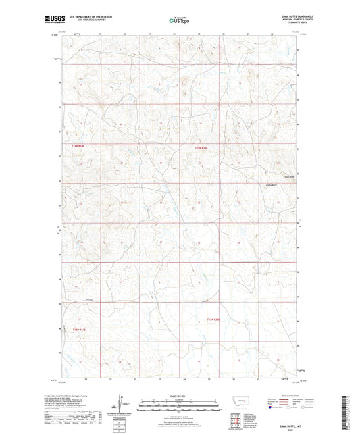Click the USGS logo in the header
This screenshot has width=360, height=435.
51,20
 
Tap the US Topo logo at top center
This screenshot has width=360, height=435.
178,20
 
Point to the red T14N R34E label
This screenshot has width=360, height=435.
79,145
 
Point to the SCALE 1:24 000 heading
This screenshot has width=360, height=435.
179,396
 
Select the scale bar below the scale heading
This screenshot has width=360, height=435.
179,407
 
